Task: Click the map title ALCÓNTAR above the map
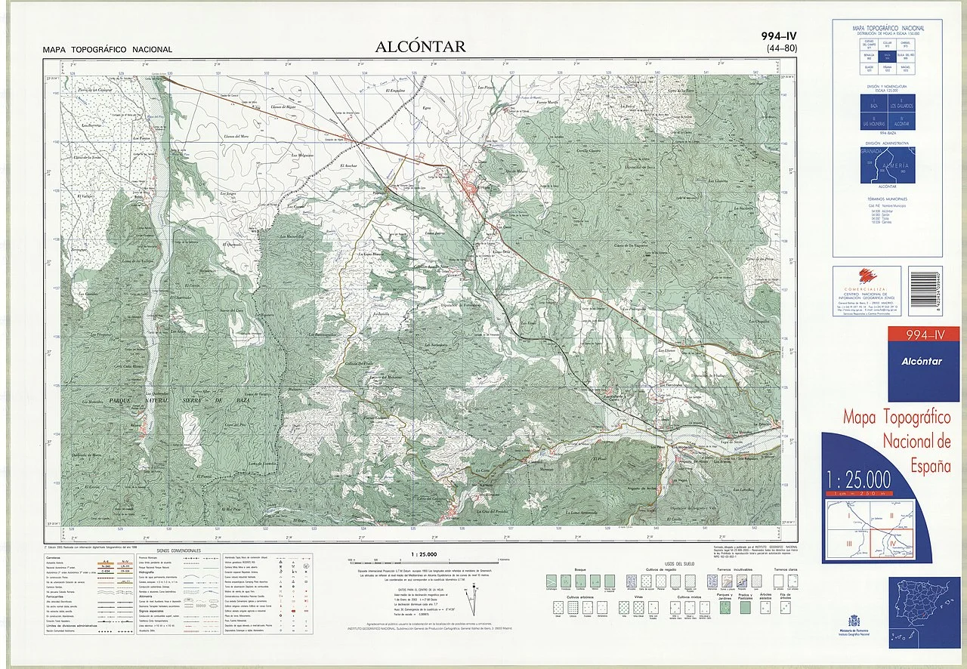click(x=420, y=47)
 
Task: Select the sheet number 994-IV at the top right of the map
click(x=780, y=36)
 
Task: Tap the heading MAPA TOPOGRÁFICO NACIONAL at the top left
click(x=107, y=50)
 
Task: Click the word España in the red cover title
click(x=930, y=465)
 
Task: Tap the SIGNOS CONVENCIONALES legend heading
click(x=179, y=551)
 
